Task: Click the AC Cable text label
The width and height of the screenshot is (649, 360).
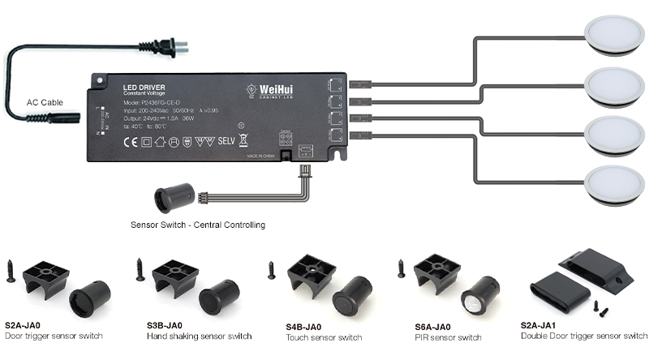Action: click(x=45, y=102)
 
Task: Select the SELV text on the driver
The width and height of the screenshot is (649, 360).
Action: click(x=227, y=140)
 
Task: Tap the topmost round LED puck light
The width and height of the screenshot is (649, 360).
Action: click(x=616, y=36)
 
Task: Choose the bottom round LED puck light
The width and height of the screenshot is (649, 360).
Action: click(x=616, y=184)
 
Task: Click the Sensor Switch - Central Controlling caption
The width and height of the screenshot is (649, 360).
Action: click(x=197, y=224)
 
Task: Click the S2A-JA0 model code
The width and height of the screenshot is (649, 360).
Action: click(x=23, y=324)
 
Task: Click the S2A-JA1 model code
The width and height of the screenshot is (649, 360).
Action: click(x=541, y=324)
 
